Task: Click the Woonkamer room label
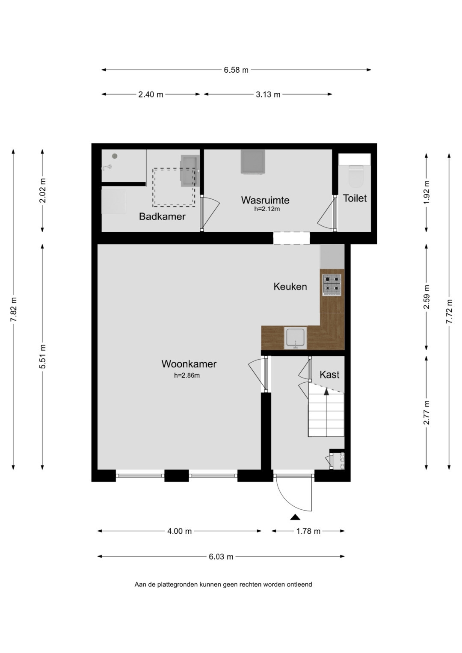(189, 364)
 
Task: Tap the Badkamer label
(162, 216)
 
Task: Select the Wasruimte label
(265, 200)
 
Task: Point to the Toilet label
(355, 198)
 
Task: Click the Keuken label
(290, 287)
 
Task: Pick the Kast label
(329, 375)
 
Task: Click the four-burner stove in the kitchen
(332, 284)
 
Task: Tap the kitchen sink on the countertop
(296, 338)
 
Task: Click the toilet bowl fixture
(355, 176)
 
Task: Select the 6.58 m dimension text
(236, 70)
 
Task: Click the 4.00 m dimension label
(179, 531)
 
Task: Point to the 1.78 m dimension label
(308, 531)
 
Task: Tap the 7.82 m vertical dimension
(13, 309)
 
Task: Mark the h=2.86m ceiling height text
(187, 375)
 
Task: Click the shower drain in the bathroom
(115, 156)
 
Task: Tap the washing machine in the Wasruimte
(253, 162)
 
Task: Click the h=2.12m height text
(267, 209)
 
